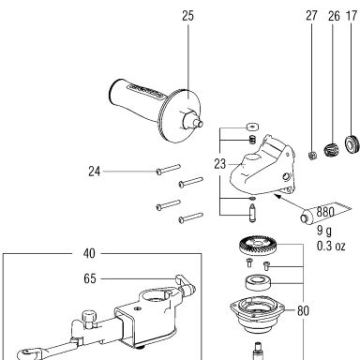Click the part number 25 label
pyautogui.click(x=187, y=16)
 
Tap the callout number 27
pyautogui.click(x=311, y=15)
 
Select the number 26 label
pyautogui.click(x=334, y=16)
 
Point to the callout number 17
pyautogui.click(x=352, y=16)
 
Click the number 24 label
pyautogui.click(x=95, y=172)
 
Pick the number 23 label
pyautogui.click(x=219, y=164)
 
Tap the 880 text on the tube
pyautogui.click(x=325, y=212)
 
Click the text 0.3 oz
pyautogui.click(x=331, y=246)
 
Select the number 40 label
pyautogui.click(x=89, y=253)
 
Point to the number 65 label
pyautogui.click(x=90, y=278)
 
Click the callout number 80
pyautogui.click(x=303, y=310)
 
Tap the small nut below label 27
pyautogui.click(x=312, y=155)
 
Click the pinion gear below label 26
pyautogui.click(x=331, y=150)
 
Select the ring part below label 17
pyautogui.click(x=352, y=144)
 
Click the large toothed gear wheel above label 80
pyautogui.click(x=258, y=246)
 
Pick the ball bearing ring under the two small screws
pyautogui.click(x=258, y=283)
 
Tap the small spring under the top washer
pyautogui.click(x=252, y=141)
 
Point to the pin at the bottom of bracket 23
pyautogui.click(x=252, y=213)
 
